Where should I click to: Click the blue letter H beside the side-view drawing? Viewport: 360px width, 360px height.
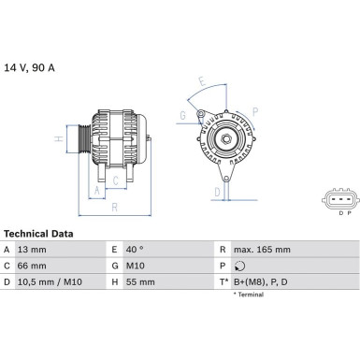tap(59, 140)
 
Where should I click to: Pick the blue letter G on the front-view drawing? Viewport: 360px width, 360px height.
tap(183, 116)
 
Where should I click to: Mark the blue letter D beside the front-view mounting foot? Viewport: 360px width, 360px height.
tap(216, 193)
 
